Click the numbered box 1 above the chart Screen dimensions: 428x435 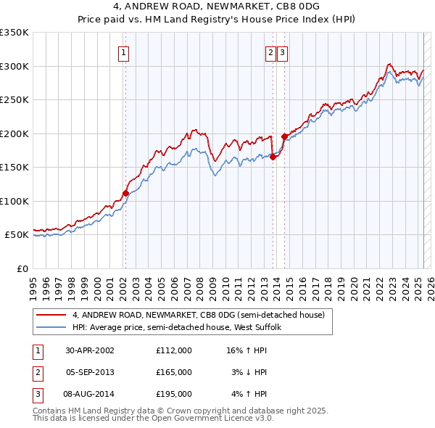click(125, 52)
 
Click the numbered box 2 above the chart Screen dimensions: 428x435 click(270, 52)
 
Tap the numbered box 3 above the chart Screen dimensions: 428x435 click(281, 52)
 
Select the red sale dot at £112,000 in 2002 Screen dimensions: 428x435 click(125, 193)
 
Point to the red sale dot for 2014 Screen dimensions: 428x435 click(284, 136)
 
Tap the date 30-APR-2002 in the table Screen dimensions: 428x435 click(90, 350)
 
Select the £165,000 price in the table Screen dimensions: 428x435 click(174, 372)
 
